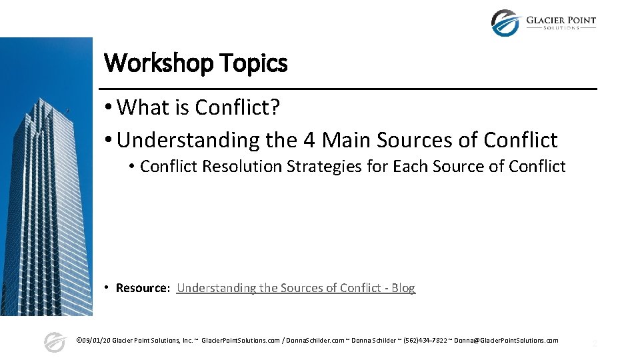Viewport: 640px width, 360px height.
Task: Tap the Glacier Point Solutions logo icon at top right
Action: coord(505,22)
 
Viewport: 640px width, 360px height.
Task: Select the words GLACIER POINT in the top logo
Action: coord(561,19)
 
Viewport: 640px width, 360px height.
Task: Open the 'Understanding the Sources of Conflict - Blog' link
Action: coord(295,288)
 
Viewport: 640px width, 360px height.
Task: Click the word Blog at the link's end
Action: coord(403,288)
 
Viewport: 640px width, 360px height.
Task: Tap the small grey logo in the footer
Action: coord(54,341)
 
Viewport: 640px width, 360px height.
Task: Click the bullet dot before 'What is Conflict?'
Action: coord(108,107)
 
